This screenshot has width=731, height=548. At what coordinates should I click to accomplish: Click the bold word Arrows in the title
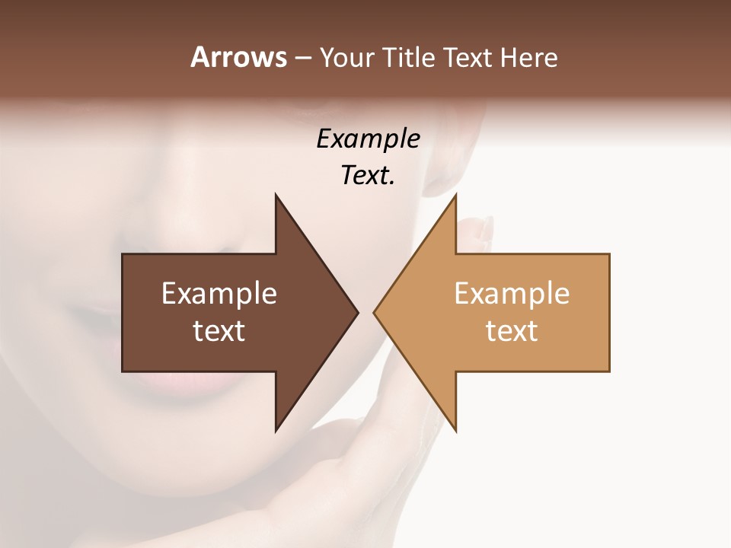point(238,57)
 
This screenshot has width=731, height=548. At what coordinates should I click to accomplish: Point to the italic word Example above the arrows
point(368,139)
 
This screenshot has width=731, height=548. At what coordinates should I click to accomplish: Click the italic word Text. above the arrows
point(368,175)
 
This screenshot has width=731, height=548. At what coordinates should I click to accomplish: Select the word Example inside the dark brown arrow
point(219,293)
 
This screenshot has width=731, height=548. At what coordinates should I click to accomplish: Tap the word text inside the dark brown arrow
point(219,330)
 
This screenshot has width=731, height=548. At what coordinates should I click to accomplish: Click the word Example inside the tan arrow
point(512,293)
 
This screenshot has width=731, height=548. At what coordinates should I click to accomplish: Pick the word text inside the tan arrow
point(512,330)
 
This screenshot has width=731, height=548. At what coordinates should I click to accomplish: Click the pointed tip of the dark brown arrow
point(356,312)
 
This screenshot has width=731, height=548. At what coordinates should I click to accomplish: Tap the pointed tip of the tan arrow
point(375,312)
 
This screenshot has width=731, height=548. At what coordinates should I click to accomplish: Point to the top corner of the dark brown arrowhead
point(276,196)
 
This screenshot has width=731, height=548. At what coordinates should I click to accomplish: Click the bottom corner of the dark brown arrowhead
point(276,429)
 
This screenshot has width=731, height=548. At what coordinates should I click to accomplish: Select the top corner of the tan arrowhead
point(455,196)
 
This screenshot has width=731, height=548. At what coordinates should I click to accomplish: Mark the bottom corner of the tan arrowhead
point(455,429)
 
